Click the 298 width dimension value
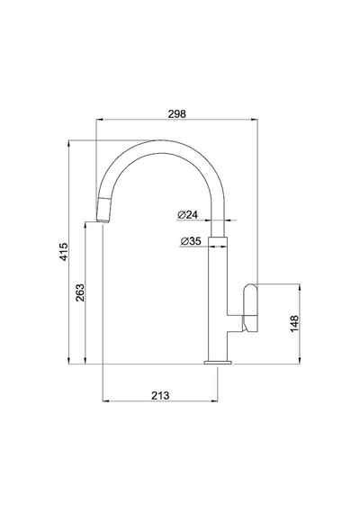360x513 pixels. pos(176,114)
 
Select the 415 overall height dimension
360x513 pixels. pos(64,252)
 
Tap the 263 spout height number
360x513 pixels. pos(80,292)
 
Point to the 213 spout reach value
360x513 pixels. pos(160,395)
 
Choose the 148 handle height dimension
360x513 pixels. pos(294,323)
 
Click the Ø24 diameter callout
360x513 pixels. pos(188,215)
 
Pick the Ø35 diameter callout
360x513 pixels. pos(191,241)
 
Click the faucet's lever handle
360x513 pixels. pos(251,308)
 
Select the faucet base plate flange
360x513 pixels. pos(218,362)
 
